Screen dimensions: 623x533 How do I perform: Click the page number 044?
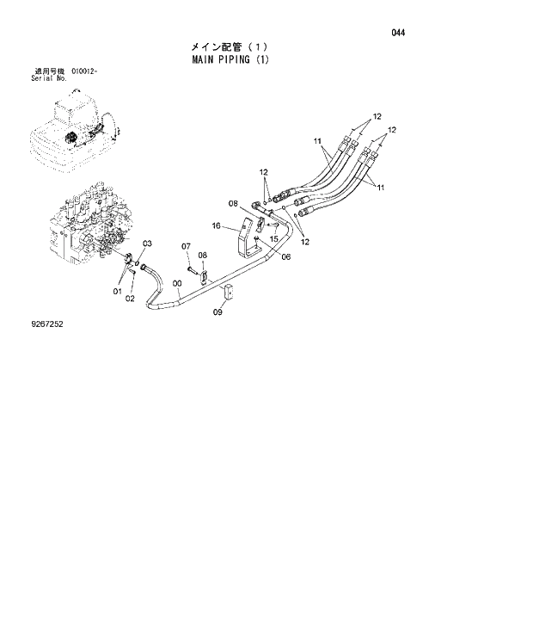click(397, 34)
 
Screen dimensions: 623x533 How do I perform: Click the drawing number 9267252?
click(46, 324)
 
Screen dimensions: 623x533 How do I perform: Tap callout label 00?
click(177, 282)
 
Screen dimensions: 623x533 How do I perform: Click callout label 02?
click(131, 299)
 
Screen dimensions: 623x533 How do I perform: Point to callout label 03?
click(147, 244)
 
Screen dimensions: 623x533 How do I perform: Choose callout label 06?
click(285, 256)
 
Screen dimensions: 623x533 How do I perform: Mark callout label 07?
click(185, 247)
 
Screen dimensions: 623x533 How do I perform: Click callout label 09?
click(217, 312)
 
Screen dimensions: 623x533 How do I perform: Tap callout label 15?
click(273, 238)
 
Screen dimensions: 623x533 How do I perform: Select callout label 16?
click(217, 225)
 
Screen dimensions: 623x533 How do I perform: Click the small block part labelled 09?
click(229, 293)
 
